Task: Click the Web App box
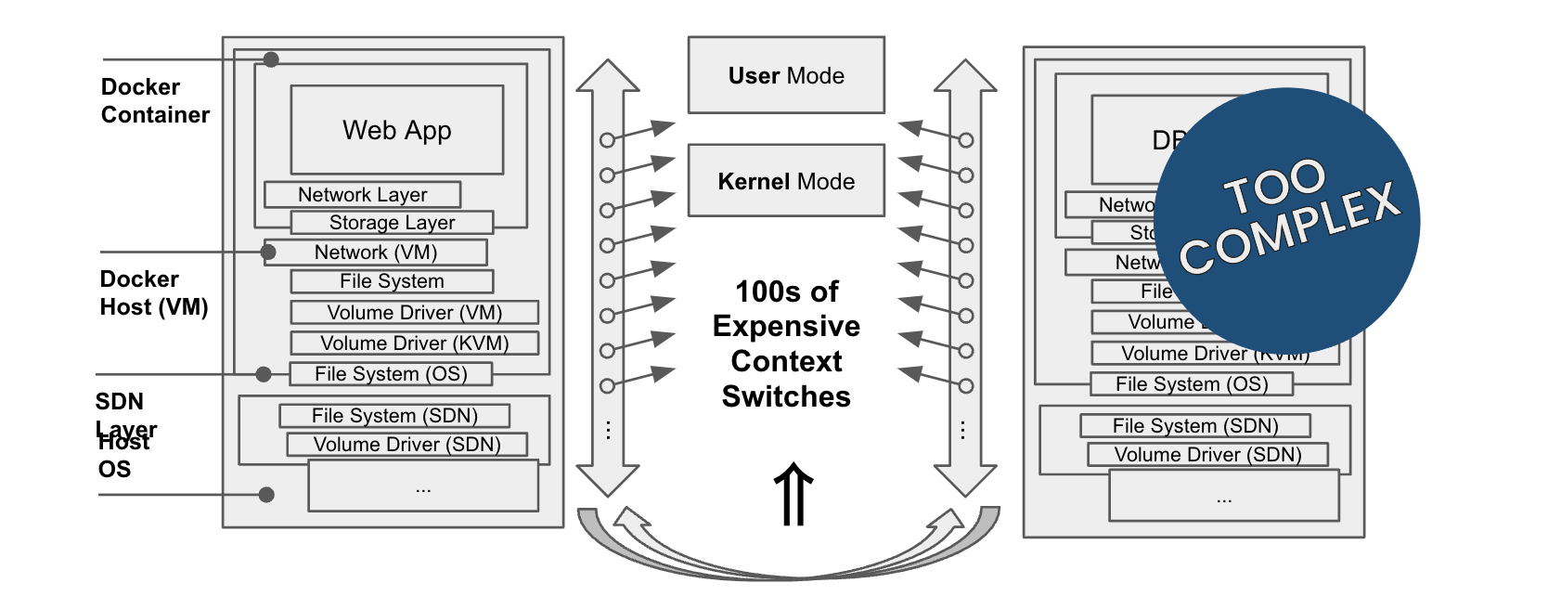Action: point(397,130)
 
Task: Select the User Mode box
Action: point(786,75)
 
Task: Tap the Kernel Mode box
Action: point(786,181)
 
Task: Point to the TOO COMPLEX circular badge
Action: point(1287,220)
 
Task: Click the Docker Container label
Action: point(155,101)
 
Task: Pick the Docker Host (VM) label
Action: point(153,293)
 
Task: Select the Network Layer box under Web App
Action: point(362,195)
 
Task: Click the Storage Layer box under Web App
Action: point(392,223)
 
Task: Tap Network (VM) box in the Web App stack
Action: point(376,253)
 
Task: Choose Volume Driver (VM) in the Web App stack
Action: point(414,313)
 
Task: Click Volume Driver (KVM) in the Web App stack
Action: point(414,343)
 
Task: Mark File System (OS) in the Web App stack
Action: point(391,374)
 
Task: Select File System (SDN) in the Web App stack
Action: point(394,416)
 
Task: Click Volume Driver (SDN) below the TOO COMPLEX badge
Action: point(1207,455)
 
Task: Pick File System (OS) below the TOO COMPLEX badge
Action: point(1192,384)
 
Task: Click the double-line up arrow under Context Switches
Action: point(793,495)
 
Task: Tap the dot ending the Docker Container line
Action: point(271,59)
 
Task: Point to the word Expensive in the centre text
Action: point(786,327)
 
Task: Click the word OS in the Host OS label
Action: point(115,470)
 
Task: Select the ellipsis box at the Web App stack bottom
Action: point(423,486)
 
